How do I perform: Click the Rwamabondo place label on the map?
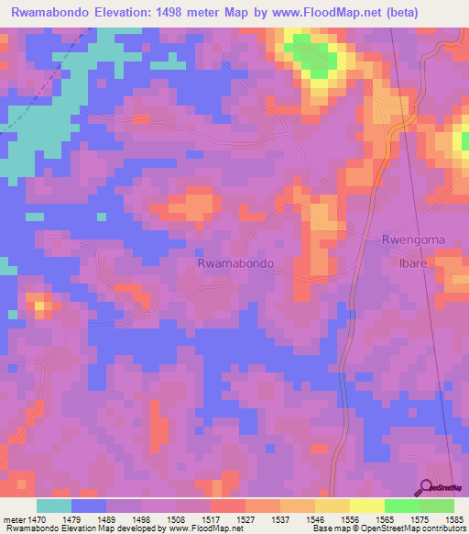coord(235,262)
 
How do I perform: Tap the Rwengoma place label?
coord(413,239)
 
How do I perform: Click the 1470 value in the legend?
coord(37,518)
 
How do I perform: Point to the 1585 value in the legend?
coord(454,518)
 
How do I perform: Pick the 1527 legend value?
coord(245,518)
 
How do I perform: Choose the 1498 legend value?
coord(141,518)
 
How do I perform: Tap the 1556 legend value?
coord(350,518)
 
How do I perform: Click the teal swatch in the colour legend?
coord(54,506)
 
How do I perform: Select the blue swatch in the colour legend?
coord(89,506)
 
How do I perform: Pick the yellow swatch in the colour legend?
coord(367,506)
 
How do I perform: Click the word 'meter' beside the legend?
coord(13,518)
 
